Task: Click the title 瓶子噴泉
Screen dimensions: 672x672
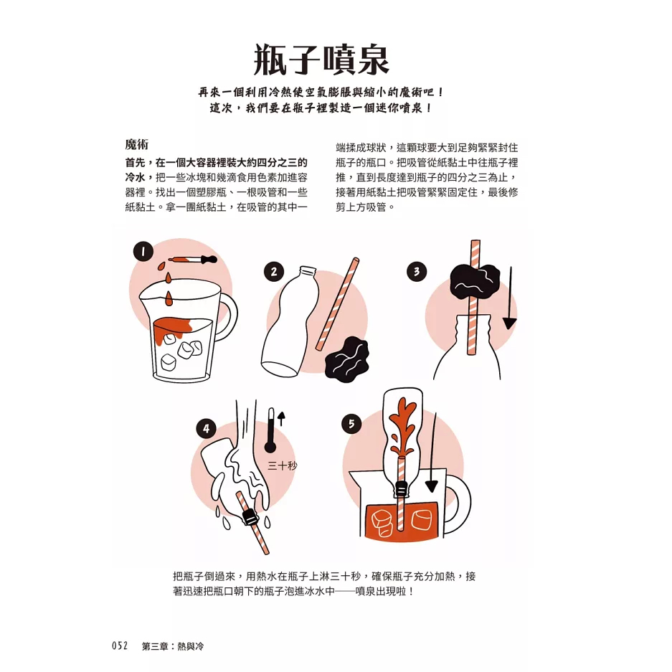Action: tap(321, 60)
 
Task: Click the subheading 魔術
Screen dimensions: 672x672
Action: tap(137, 144)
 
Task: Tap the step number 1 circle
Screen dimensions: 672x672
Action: tap(143, 252)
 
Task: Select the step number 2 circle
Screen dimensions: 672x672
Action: tap(274, 272)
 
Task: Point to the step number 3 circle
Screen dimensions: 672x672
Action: tap(417, 271)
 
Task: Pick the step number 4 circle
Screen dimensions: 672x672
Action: tap(206, 429)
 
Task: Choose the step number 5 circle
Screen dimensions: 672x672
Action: tap(351, 424)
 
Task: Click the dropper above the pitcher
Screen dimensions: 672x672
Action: tap(193, 260)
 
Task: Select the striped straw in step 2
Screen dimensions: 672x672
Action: tap(337, 304)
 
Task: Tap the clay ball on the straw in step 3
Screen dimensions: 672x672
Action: tap(475, 282)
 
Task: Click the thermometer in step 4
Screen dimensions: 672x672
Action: tap(270, 430)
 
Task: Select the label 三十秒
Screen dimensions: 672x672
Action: tap(283, 465)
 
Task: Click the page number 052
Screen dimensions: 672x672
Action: tap(120, 646)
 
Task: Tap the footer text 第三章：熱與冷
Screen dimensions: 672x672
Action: tap(173, 646)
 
